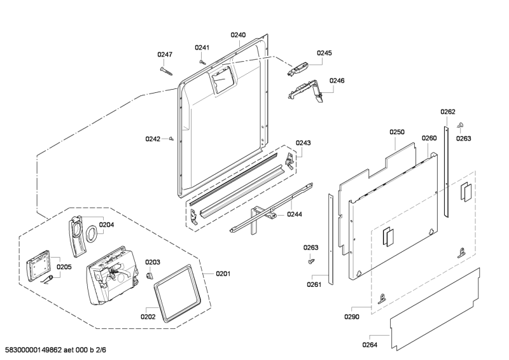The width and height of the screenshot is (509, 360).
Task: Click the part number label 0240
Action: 238,35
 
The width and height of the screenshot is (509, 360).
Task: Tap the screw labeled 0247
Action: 166,71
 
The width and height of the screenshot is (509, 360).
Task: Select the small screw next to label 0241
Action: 202,61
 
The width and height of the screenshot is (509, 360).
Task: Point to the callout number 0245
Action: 324,53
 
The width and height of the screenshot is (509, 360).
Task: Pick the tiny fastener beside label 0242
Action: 171,139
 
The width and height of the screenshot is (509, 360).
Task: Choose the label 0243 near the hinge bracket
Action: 303,143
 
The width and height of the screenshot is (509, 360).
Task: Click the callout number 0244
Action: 295,214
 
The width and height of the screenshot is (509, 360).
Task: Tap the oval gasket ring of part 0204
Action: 92,233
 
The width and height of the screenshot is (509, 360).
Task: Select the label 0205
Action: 64,267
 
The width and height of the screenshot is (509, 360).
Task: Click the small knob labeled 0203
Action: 149,275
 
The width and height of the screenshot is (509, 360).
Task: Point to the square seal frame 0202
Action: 176,294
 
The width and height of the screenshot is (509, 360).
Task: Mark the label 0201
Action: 223,273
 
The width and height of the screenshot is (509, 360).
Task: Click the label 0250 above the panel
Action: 397,132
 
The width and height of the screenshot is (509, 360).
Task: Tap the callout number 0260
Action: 429,138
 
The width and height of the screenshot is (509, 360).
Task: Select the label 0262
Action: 448,112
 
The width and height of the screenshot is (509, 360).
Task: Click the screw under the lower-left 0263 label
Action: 311,261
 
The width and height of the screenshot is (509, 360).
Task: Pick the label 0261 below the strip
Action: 314,284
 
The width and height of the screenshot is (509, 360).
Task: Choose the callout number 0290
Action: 352,317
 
